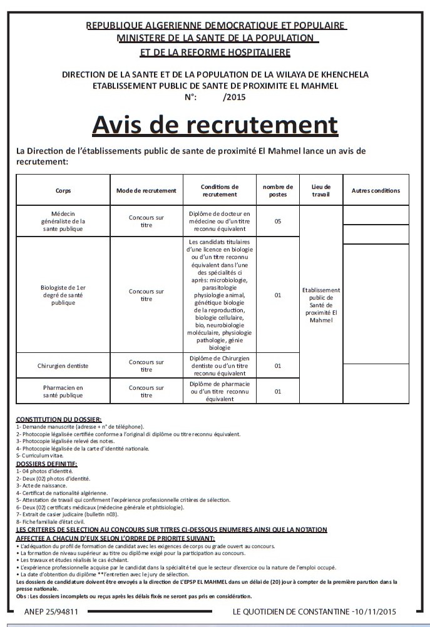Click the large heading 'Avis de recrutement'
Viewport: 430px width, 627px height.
tap(215, 125)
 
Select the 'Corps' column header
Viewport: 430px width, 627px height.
tap(63, 190)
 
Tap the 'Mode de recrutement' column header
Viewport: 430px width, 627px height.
tap(146, 190)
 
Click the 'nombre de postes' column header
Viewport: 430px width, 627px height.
tap(277, 190)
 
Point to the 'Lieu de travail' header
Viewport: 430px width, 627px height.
tap(320, 190)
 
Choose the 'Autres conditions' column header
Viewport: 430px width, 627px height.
tap(376, 190)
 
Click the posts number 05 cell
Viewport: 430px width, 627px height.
tap(277, 221)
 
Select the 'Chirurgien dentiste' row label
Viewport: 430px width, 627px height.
tap(63, 365)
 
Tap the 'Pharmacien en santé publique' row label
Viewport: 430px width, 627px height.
tap(63, 391)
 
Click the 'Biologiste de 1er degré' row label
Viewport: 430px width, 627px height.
tap(63, 295)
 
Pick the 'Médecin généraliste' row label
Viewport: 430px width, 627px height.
tap(63, 221)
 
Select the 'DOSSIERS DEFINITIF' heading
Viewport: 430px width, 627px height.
tap(47, 464)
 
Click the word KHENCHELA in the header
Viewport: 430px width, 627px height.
tap(342, 74)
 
